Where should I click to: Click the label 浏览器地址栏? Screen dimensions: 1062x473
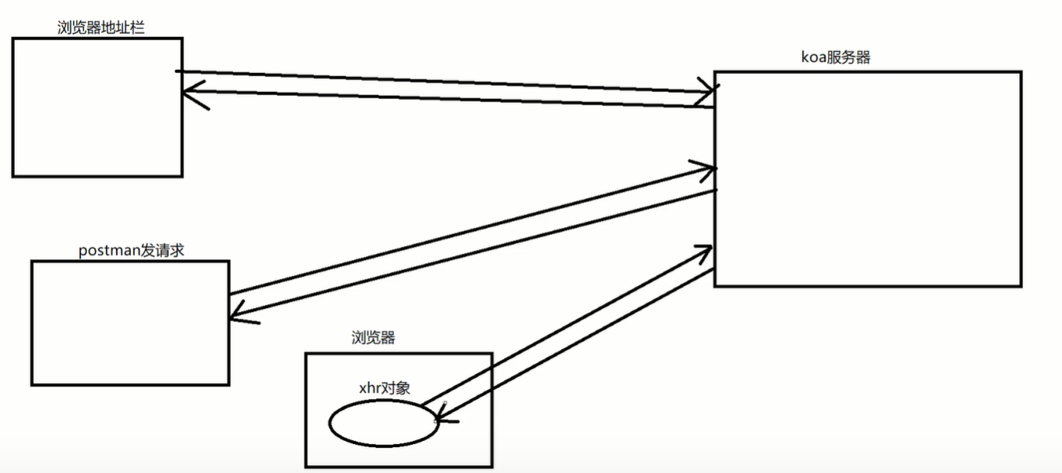click(x=100, y=28)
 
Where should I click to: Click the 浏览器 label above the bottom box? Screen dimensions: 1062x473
click(x=373, y=338)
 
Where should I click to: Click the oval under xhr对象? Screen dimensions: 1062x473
click(x=382, y=423)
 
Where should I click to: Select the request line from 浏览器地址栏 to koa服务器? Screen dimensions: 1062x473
click(x=440, y=82)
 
